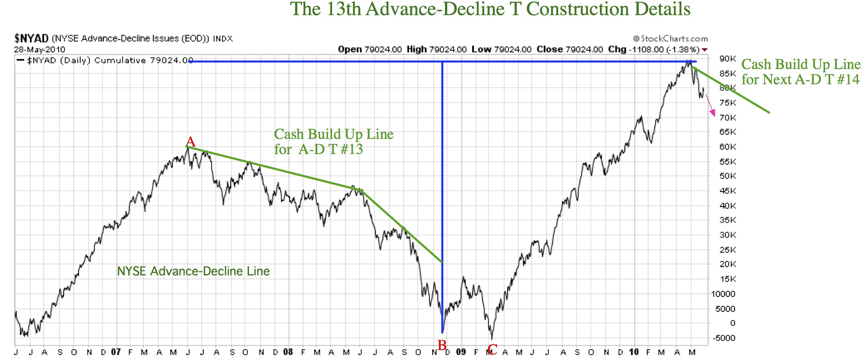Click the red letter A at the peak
(191, 142)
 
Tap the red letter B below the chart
(442, 345)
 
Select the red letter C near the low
(492, 349)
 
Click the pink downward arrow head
(713, 114)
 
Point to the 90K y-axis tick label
(728, 59)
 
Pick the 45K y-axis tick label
(728, 191)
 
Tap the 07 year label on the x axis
(116, 352)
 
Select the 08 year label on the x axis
(288, 352)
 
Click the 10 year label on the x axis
(634, 352)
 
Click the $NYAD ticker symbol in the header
(31, 39)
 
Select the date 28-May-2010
(40, 49)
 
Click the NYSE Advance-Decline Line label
(193, 271)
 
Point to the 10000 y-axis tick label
(723, 294)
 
